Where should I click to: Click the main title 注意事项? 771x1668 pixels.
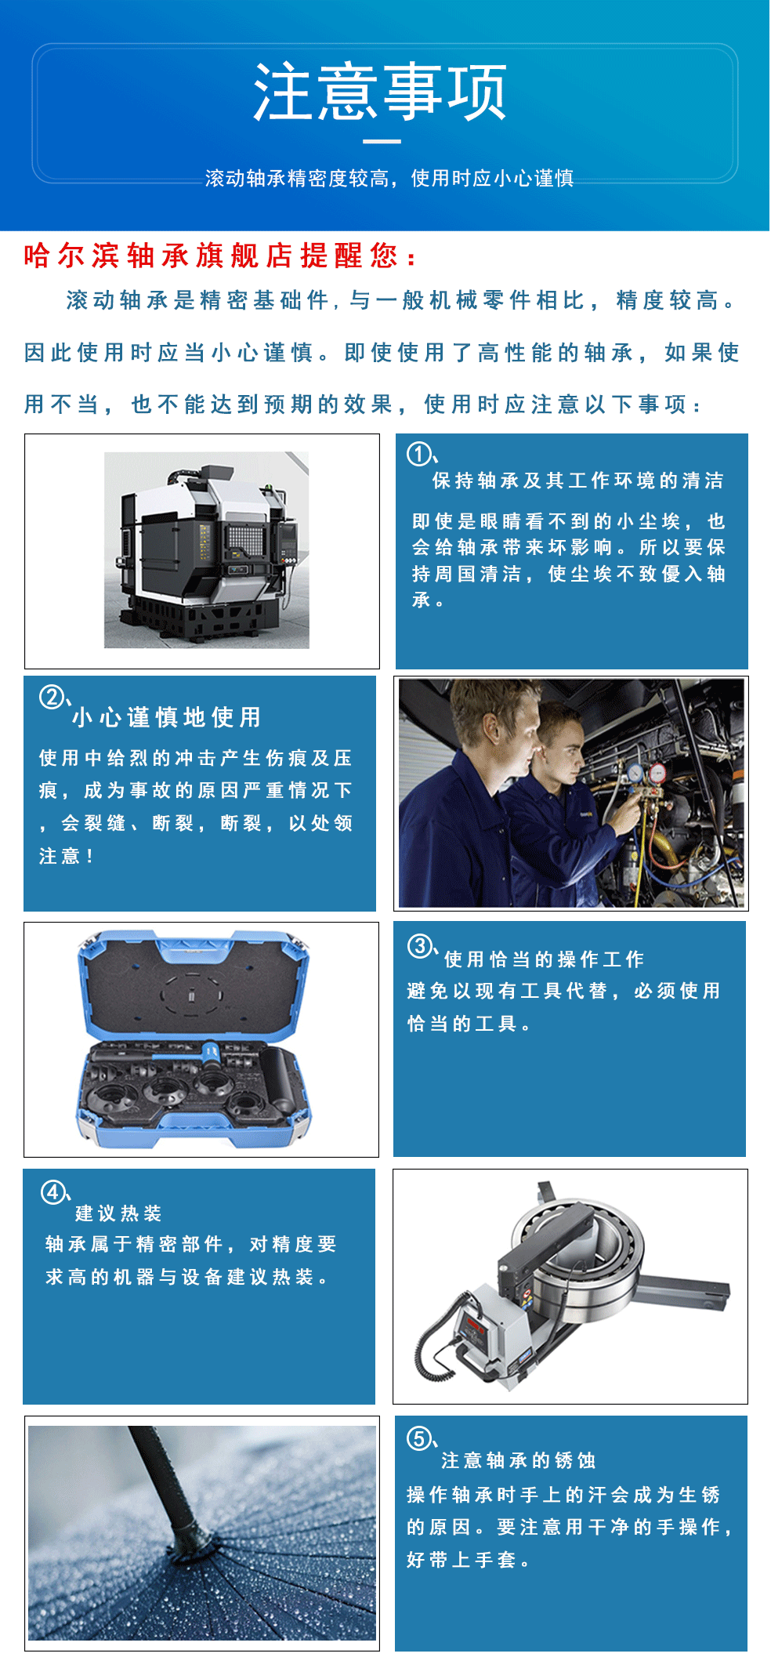click(x=381, y=92)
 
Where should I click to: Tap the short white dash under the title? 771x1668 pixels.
click(x=382, y=142)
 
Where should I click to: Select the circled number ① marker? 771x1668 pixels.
click(x=419, y=453)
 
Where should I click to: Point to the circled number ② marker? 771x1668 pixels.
click(x=52, y=696)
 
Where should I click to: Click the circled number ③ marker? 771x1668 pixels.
click(x=420, y=946)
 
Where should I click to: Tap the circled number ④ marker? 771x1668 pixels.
click(x=53, y=1193)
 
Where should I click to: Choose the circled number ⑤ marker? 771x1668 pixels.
click(x=419, y=1438)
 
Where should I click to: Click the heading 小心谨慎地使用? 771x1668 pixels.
click(x=167, y=716)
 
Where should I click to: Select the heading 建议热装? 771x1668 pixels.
click(x=118, y=1213)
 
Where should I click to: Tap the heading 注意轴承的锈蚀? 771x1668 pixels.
click(x=519, y=1460)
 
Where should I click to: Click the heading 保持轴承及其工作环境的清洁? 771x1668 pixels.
click(x=578, y=480)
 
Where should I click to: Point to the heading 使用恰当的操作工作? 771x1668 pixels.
click(x=545, y=959)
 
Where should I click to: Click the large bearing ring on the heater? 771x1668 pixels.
click(x=584, y=1255)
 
